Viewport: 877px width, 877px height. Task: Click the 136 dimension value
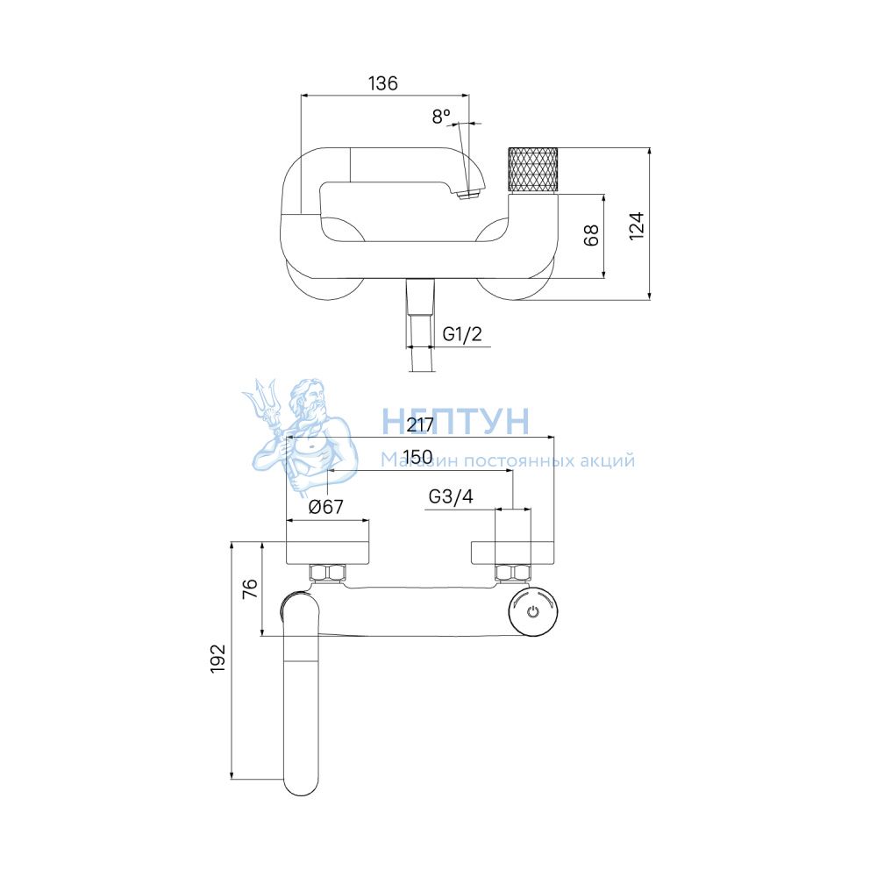pos(383,83)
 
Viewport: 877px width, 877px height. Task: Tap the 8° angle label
pos(441,117)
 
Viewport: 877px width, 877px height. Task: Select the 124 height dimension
pos(637,226)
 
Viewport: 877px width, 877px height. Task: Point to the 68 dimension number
pos(590,235)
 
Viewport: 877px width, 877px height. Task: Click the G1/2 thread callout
pos(462,334)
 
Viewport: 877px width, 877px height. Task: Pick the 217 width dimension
pos(420,425)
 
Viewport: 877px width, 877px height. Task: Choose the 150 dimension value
pos(417,457)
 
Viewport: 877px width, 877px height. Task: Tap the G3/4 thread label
pos(451,496)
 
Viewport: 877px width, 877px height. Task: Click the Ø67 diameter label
pos(326,507)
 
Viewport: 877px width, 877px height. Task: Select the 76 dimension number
pos(250,589)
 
